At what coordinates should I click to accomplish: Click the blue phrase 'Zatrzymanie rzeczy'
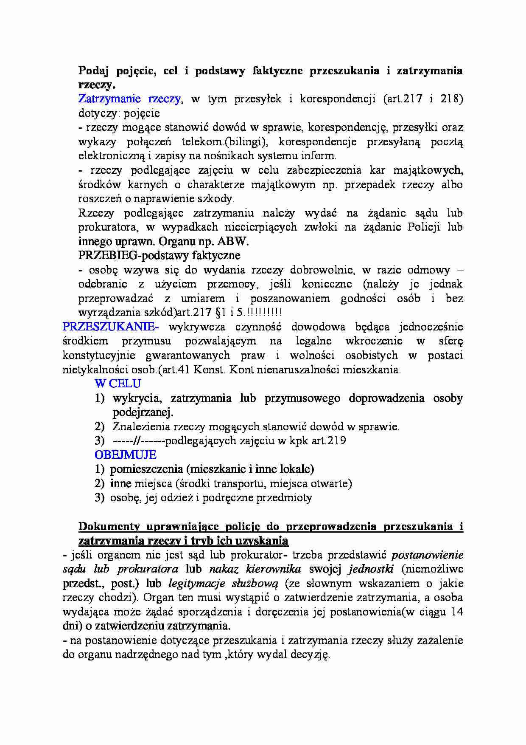coord(130,99)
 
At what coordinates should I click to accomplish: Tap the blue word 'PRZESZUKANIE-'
coord(111,327)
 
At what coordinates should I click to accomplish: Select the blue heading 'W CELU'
coord(118,384)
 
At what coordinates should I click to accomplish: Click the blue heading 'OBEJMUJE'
coord(126,455)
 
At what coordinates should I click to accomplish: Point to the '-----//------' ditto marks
coord(139,440)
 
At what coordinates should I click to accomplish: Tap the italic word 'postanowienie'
coord(427,555)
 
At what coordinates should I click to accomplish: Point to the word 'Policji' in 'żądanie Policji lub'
coord(423,227)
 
